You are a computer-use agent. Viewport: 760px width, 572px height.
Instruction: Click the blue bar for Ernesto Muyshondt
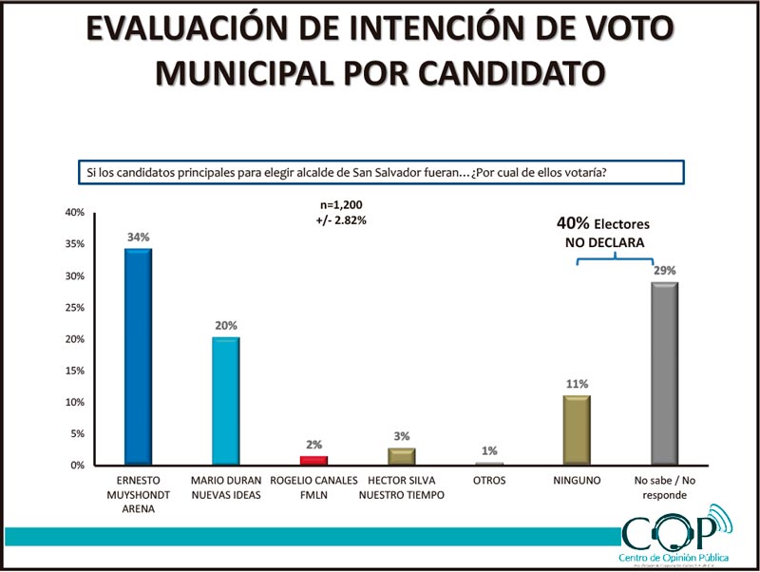coord(138,356)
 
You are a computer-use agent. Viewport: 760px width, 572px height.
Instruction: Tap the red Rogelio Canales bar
coord(313,460)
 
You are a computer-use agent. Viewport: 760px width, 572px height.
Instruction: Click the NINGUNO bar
coord(577,429)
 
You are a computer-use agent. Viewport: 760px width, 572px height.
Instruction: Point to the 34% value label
coord(139,238)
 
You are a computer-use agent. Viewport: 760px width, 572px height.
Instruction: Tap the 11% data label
coord(577,384)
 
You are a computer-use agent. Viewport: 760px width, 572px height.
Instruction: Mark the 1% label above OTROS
coord(489,450)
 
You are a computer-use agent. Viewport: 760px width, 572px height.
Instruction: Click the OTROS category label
coord(489,482)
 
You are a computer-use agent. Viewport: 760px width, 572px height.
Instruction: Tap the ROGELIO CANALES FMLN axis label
coord(313,487)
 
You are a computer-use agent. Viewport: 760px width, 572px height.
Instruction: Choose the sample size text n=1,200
coord(343,205)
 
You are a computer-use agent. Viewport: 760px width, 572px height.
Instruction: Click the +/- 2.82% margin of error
coord(343,219)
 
